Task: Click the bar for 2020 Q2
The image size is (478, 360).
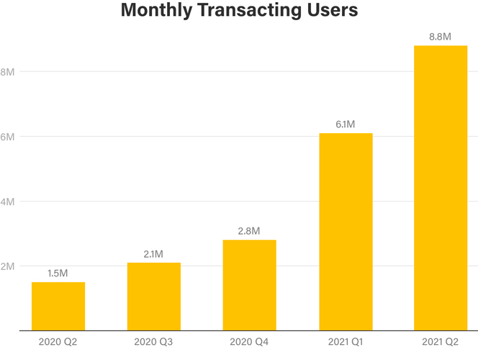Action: tap(58, 306)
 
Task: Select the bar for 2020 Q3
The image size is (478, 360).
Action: tap(154, 297)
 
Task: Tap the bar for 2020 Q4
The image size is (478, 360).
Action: tap(249, 285)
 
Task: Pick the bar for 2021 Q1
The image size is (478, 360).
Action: tap(346, 232)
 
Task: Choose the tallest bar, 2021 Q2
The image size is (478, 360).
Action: tap(441, 188)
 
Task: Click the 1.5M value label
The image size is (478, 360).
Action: tap(58, 273)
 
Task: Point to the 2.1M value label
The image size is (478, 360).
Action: tap(154, 253)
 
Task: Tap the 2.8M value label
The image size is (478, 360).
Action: tap(249, 231)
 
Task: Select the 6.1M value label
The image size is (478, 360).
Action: tap(346, 125)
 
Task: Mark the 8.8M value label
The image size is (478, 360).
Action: tap(441, 37)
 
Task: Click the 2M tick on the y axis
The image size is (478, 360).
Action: tap(8, 266)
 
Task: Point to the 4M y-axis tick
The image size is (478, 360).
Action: tap(8, 202)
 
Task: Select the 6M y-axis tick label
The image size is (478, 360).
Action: tap(8, 137)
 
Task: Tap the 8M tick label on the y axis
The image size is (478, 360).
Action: tap(8, 72)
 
